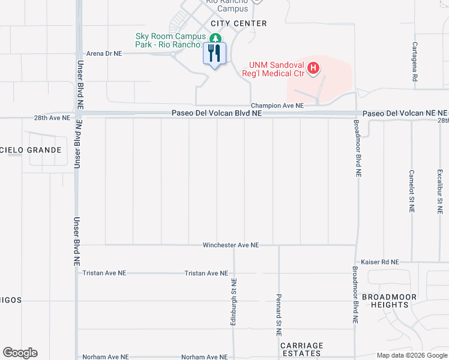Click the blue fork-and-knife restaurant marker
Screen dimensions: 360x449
click(215, 53)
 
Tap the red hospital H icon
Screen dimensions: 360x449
click(313, 69)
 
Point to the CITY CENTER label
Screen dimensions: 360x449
click(239, 23)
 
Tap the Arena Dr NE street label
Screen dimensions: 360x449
click(104, 53)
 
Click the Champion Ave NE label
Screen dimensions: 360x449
click(277, 105)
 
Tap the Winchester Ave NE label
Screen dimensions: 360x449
click(231, 245)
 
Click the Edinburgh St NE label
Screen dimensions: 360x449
click(234, 302)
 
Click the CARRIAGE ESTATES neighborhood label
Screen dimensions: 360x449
click(302, 350)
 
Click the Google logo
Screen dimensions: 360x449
click(20, 353)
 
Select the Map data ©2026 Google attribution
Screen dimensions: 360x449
click(411, 355)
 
